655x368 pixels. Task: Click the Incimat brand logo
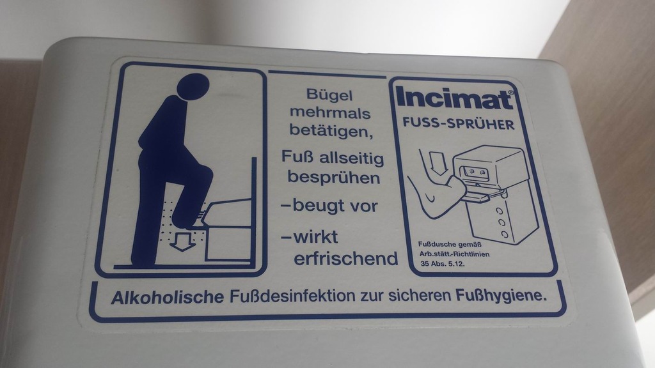(455, 98)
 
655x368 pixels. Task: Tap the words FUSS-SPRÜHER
(458, 124)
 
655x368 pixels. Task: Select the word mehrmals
(330, 112)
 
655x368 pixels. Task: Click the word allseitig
(351, 158)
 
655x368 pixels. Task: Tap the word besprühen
(334, 177)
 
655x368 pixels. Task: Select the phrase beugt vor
(335, 205)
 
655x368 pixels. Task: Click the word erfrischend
(346, 258)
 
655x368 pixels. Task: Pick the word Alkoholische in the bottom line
(167, 297)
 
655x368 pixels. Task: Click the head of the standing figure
(193, 87)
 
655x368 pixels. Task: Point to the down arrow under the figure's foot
(182, 241)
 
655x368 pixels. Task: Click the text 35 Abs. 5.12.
(443, 264)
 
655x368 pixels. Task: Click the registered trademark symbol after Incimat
(510, 93)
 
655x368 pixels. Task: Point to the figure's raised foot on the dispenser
(190, 220)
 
